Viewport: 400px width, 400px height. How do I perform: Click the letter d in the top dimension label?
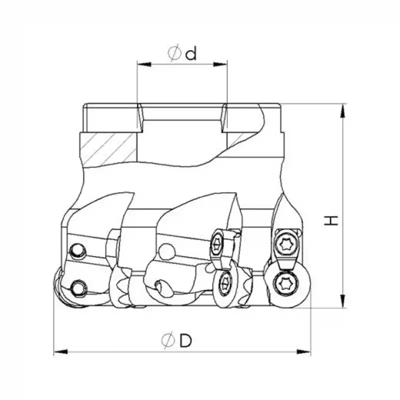point(190,53)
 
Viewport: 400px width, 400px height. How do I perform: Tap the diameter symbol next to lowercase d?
point(174,53)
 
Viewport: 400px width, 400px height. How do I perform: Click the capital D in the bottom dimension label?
point(185,341)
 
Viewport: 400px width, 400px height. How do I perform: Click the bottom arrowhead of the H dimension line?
point(342,302)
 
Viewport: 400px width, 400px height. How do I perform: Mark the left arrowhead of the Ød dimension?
point(142,64)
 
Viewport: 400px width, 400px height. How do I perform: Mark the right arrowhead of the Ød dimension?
point(222,64)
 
